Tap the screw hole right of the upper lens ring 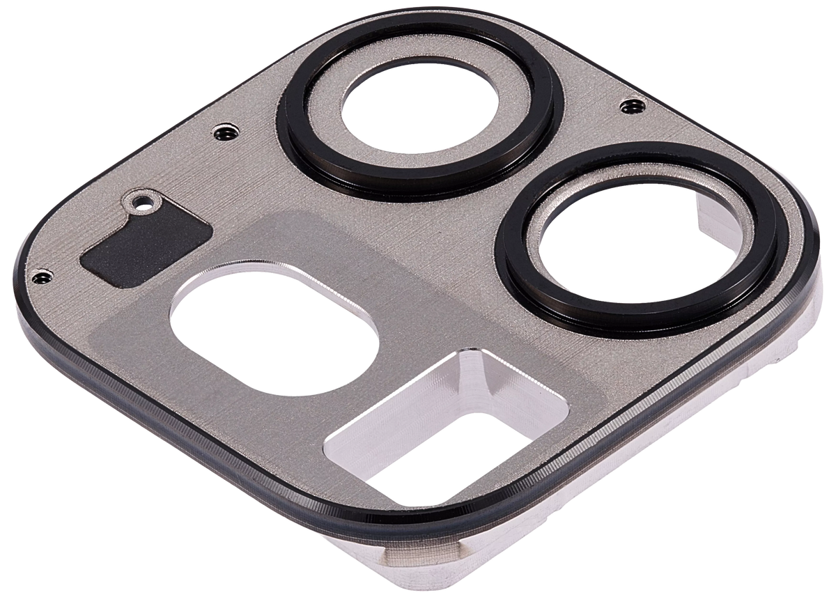(x=630, y=105)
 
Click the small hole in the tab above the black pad (x=144, y=203)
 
